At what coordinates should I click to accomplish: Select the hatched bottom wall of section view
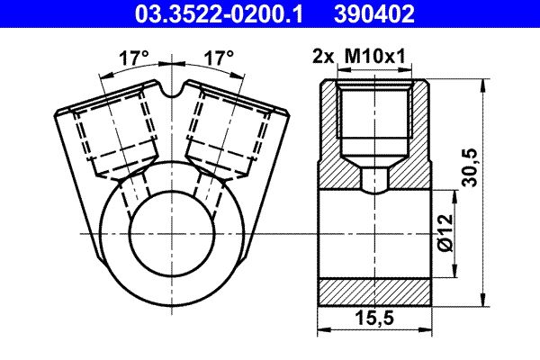click(x=377, y=291)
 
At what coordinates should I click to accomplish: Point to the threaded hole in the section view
click(x=377, y=118)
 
